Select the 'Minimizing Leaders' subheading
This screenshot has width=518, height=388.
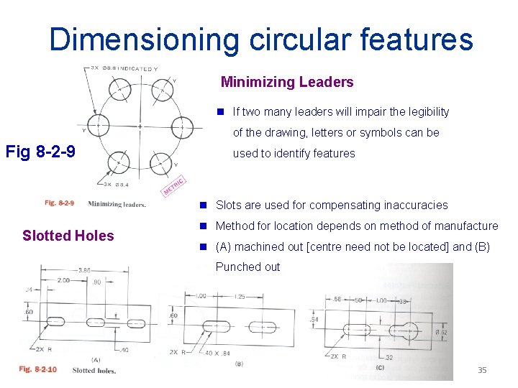coord(287,82)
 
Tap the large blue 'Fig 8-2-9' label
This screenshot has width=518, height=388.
coord(40,152)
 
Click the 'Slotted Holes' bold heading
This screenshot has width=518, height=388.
coord(68,236)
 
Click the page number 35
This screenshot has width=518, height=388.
coord(482,370)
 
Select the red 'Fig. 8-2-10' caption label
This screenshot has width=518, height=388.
coord(37,370)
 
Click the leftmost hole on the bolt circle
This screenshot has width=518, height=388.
coord(98,126)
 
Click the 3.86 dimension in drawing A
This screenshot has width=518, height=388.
coord(85,270)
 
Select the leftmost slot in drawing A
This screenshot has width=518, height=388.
coord(55,320)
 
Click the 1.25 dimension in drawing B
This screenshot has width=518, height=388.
coord(240,296)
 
